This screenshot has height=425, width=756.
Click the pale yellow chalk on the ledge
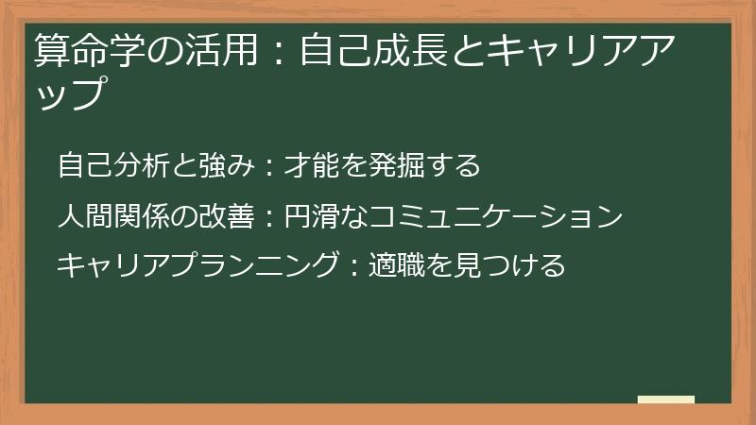click(666, 400)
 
